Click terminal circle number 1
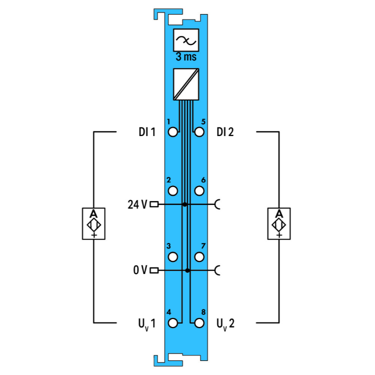173,132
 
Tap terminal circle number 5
199,132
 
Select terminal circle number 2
173,191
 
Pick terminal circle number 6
199,191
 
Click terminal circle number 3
173,257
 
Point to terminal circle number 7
199,257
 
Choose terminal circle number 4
173,323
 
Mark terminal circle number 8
199,323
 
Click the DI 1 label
147,132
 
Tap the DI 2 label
225,132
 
